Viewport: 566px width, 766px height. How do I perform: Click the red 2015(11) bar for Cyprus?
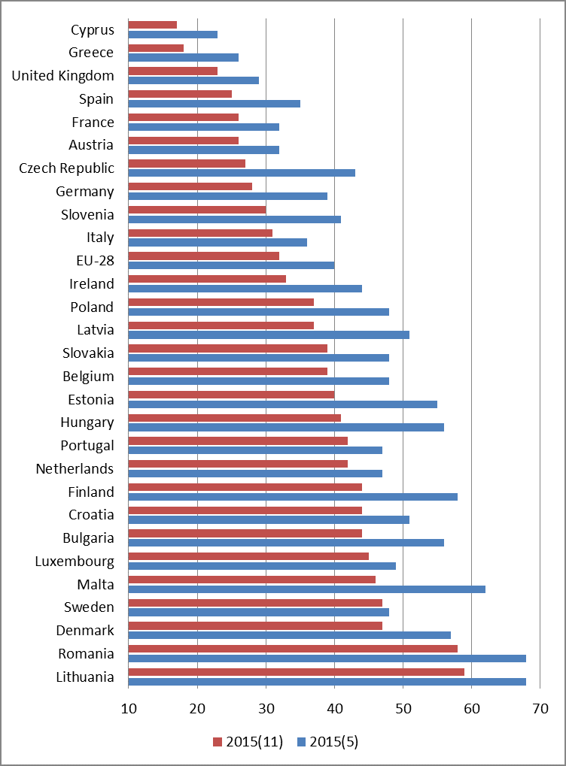click(x=153, y=25)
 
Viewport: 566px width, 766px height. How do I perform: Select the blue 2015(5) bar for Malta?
click(x=307, y=589)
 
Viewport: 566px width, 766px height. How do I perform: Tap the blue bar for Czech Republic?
click(x=242, y=173)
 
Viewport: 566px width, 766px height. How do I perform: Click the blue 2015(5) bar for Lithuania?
click(x=327, y=682)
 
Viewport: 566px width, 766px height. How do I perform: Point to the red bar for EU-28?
click(x=204, y=256)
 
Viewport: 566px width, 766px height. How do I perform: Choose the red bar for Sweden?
click(x=255, y=602)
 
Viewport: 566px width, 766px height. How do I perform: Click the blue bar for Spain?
click(x=215, y=104)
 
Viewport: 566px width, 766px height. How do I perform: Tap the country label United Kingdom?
click(x=63, y=76)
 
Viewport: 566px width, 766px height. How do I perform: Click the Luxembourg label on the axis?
click(x=75, y=562)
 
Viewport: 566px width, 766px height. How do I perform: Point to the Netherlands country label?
click(x=75, y=469)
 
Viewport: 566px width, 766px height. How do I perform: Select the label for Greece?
click(x=91, y=53)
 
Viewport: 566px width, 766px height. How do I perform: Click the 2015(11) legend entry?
click(x=248, y=742)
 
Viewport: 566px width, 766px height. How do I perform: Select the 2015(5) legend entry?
click(x=328, y=742)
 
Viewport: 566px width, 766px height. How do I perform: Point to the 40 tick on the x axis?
click(x=334, y=708)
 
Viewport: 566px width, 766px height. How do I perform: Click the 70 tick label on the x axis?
click(x=540, y=708)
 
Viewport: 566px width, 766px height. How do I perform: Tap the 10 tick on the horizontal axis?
click(x=129, y=708)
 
